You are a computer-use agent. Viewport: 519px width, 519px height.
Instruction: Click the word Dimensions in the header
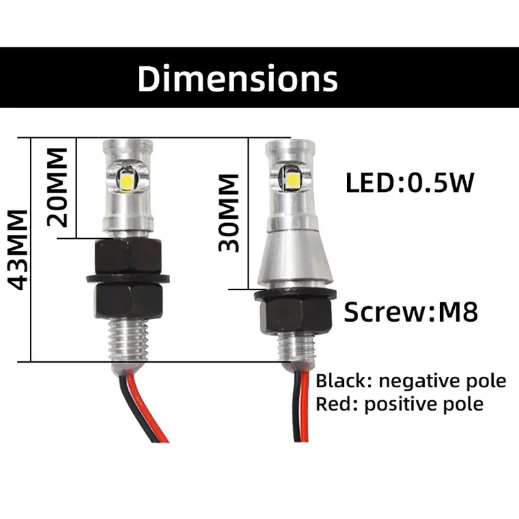click(x=237, y=78)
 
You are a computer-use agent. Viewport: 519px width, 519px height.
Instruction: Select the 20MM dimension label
click(x=58, y=186)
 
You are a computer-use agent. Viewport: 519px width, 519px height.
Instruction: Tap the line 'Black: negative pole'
click(x=411, y=381)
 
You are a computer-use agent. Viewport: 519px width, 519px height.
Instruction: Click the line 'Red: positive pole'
click(x=400, y=404)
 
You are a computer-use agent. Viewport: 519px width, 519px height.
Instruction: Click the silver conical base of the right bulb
click(x=294, y=259)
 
